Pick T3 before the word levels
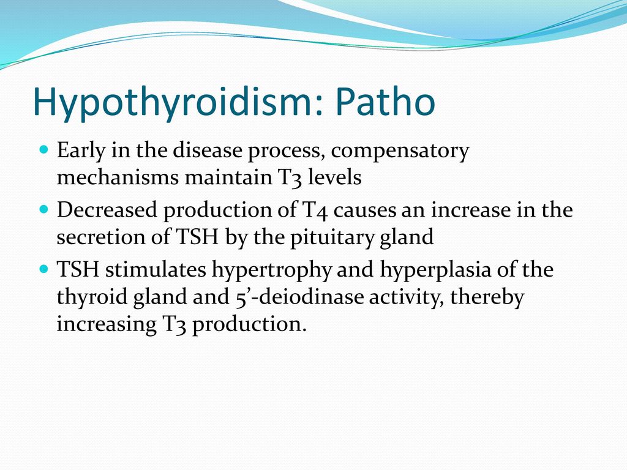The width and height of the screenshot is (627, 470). [x=288, y=177]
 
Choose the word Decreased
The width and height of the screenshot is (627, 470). [x=107, y=210]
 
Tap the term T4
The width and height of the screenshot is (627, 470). [x=313, y=211]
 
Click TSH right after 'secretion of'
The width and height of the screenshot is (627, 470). [x=197, y=237]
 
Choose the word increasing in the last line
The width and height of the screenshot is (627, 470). [x=107, y=324]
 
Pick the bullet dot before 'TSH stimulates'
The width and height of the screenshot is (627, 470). [x=44, y=268]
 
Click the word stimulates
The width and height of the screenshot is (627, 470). [x=156, y=269]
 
